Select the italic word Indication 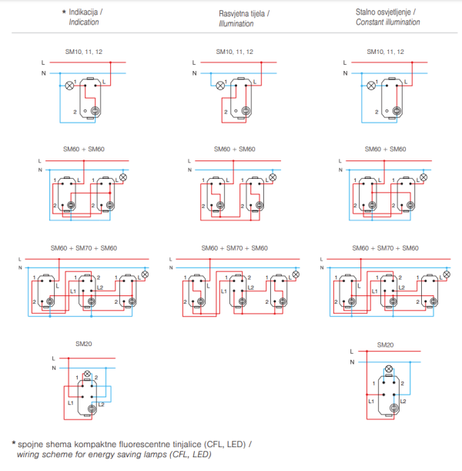[84, 23]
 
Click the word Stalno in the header [367, 12]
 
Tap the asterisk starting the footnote [14, 444]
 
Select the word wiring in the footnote [32, 456]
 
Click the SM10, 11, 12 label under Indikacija [84, 51]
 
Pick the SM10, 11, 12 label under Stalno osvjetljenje [384, 51]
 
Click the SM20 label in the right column [384, 345]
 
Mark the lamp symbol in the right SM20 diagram [389, 368]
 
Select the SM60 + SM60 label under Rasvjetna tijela [234, 149]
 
